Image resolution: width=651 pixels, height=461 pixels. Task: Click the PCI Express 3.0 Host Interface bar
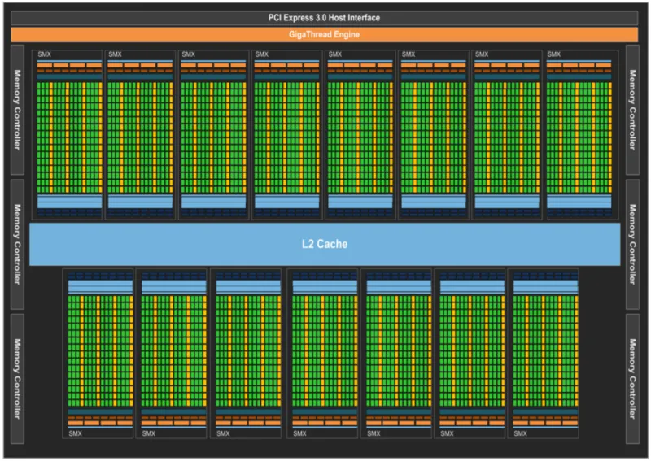(x=325, y=17)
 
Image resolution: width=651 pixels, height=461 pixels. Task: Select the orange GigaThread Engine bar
(x=325, y=34)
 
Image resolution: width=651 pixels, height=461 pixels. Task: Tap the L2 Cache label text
(x=325, y=243)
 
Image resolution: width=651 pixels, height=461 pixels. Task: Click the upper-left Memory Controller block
(x=16, y=110)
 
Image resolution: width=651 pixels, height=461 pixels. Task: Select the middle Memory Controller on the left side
(x=16, y=243)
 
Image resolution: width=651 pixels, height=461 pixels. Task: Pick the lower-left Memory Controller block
(x=16, y=378)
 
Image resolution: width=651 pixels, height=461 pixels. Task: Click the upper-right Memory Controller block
(x=633, y=110)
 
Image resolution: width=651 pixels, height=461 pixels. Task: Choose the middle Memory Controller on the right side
(x=633, y=243)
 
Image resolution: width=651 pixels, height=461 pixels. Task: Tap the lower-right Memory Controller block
(x=633, y=378)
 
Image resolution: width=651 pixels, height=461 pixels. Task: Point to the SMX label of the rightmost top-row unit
(x=554, y=54)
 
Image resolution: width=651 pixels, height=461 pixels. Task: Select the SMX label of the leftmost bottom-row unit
(x=75, y=433)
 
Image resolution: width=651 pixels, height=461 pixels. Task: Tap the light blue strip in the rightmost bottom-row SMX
(x=543, y=287)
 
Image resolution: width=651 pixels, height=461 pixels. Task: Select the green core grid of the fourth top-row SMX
(x=287, y=134)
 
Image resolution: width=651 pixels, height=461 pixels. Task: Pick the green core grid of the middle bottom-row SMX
(x=324, y=350)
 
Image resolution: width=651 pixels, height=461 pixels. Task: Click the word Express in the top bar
(x=313, y=17)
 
